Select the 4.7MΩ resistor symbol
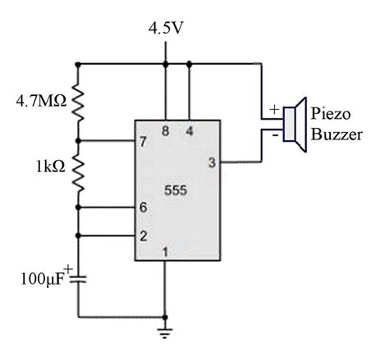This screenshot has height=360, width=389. [79, 102]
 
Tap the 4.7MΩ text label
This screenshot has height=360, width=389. [40, 103]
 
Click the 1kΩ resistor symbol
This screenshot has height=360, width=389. [79, 171]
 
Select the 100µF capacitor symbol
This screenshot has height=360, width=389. [79, 279]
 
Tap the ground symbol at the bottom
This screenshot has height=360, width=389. [166, 332]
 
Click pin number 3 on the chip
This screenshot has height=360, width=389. [211, 163]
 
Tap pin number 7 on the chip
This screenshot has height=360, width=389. [144, 141]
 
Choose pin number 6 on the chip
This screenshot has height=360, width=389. [144, 208]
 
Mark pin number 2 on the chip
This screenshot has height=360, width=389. [144, 235]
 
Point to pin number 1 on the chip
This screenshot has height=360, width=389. [166, 252]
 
